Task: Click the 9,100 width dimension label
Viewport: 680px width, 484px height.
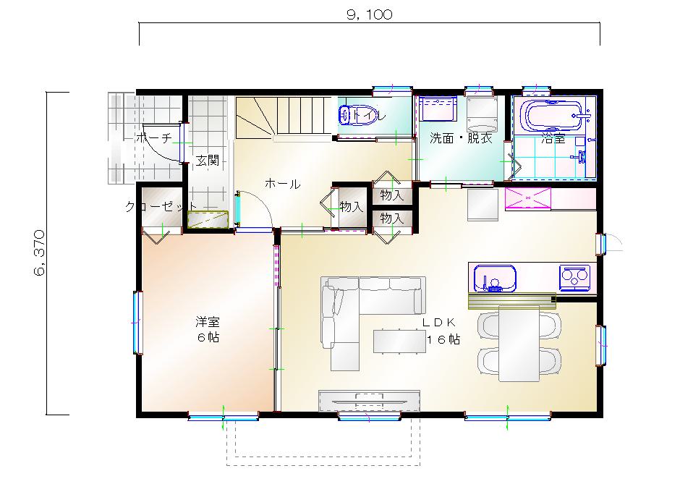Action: (370, 14)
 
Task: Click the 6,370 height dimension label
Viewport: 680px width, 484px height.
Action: (39, 253)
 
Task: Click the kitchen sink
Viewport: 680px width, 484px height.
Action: (495, 278)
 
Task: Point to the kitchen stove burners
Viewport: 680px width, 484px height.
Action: (574, 278)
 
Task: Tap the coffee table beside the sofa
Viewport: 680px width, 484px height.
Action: (399, 341)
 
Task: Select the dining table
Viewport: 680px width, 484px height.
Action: (519, 344)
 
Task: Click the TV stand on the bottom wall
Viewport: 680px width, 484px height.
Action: (370, 401)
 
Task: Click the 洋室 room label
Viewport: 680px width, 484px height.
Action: (208, 322)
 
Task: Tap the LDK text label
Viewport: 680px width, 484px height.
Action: (439, 322)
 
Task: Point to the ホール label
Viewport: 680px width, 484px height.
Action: (282, 184)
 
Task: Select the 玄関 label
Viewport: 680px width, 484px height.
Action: (208, 161)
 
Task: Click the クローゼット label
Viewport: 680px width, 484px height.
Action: (161, 206)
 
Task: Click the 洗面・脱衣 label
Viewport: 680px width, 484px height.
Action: (461, 138)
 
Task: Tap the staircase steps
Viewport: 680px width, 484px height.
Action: (284, 117)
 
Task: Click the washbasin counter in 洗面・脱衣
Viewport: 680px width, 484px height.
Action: (438, 109)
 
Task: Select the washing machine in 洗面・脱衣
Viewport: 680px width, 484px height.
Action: (482, 114)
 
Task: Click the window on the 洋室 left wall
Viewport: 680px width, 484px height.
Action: (138, 322)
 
